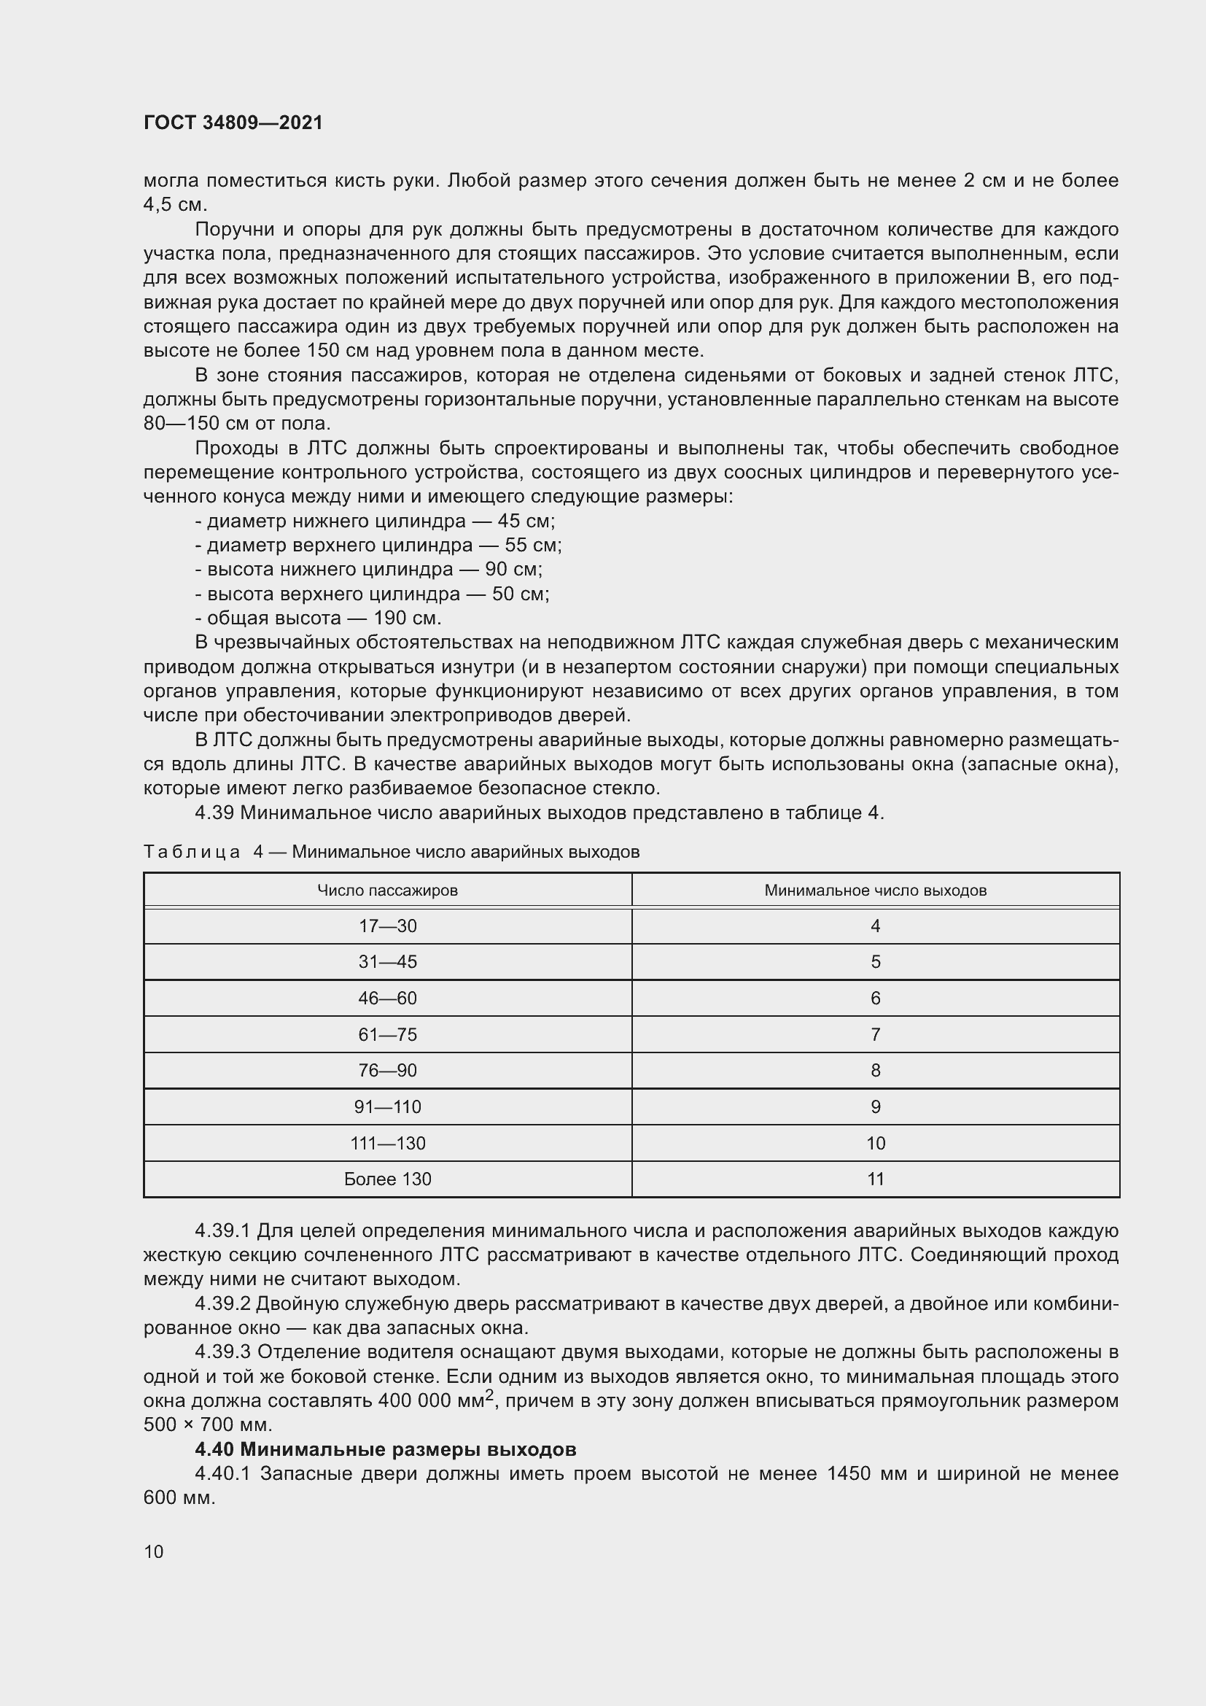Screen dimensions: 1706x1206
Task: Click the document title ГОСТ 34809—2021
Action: tap(233, 123)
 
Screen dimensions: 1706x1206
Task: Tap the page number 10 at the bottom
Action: tap(154, 1551)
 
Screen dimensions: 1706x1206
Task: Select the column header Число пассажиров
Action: tap(387, 890)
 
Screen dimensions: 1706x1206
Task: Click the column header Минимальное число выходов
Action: tap(875, 890)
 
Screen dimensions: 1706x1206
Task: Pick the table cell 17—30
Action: tap(387, 926)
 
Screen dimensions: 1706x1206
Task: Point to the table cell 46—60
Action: tap(387, 998)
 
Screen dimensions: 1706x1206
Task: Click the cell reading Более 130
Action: tap(387, 1179)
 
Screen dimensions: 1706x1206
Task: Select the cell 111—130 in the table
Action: tap(387, 1143)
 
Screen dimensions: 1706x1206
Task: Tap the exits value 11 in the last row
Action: tap(875, 1179)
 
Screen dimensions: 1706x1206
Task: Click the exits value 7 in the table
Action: tap(875, 1034)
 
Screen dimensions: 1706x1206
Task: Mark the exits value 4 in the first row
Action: tap(875, 926)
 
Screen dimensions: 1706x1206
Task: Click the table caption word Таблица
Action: tap(192, 851)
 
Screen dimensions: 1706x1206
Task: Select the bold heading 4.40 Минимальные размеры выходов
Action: tap(386, 1449)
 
